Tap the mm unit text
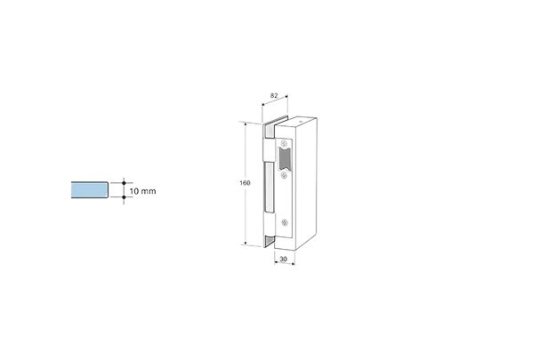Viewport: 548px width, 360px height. point(149,190)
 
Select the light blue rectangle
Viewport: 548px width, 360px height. point(87,189)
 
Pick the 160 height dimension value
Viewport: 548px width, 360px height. point(244,182)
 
